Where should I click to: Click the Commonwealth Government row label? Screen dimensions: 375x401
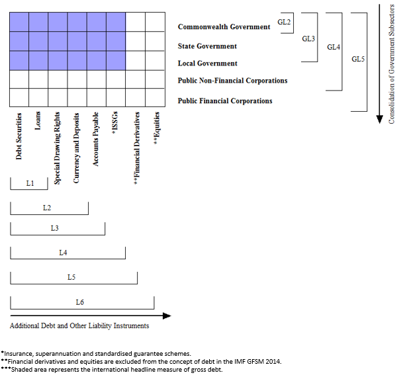click(224, 27)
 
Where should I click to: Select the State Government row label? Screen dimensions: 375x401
click(207, 46)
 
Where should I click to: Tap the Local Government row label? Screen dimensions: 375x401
click(207, 63)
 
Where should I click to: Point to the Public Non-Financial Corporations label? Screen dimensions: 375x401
click(232, 81)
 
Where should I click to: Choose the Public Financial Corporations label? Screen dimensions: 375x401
click(225, 101)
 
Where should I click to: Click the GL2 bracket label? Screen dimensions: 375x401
click(284, 22)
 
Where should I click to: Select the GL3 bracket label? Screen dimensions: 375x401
click(308, 39)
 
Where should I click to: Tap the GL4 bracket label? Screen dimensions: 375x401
click(334, 48)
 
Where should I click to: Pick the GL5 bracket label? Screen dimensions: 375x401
click(358, 59)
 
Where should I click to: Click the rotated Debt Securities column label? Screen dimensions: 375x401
click(19, 136)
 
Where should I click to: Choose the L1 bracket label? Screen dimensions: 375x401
click(29, 183)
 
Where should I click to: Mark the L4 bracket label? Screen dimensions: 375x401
click(63, 253)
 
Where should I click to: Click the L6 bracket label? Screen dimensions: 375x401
click(79, 302)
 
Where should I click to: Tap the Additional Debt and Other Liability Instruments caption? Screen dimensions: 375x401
click(79, 326)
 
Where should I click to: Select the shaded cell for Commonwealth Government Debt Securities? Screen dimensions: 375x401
click(19, 22)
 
